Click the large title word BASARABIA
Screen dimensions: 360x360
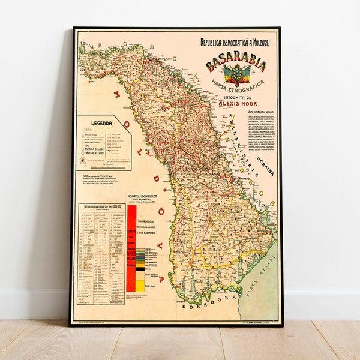236,65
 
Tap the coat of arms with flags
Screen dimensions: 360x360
235,77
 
